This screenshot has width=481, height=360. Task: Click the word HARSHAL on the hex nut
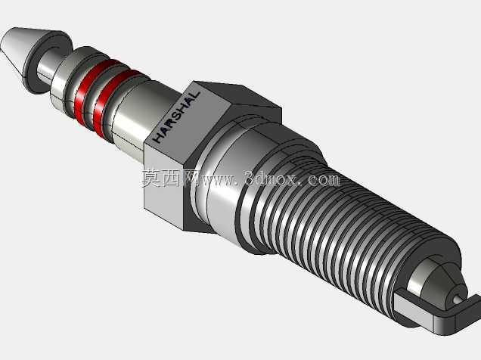[x=177, y=116]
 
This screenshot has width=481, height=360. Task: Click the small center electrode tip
[x=457, y=299]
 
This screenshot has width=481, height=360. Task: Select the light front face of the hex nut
[x=163, y=184]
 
